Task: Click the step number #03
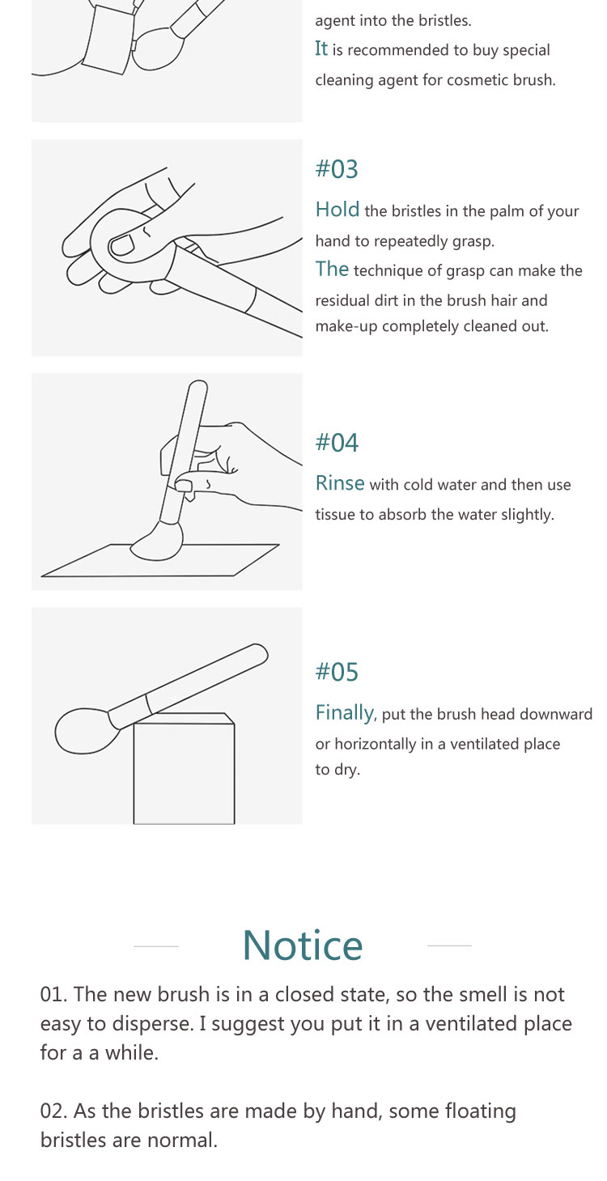(x=337, y=169)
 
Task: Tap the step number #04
(x=337, y=442)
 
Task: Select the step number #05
(x=337, y=672)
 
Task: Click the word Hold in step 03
(x=337, y=210)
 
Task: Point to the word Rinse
(x=340, y=483)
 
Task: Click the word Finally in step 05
(x=346, y=713)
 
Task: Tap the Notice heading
(x=303, y=945)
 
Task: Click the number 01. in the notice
(x=53, y=995)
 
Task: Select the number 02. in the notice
(x=53, y=1111)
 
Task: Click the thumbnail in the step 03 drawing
(x=122, y=245)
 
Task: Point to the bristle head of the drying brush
(x=83, y=731)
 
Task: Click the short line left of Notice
(x=155, y=946)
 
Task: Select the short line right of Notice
(x=449, y=946)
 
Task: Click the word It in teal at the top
(x=321, y=49)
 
